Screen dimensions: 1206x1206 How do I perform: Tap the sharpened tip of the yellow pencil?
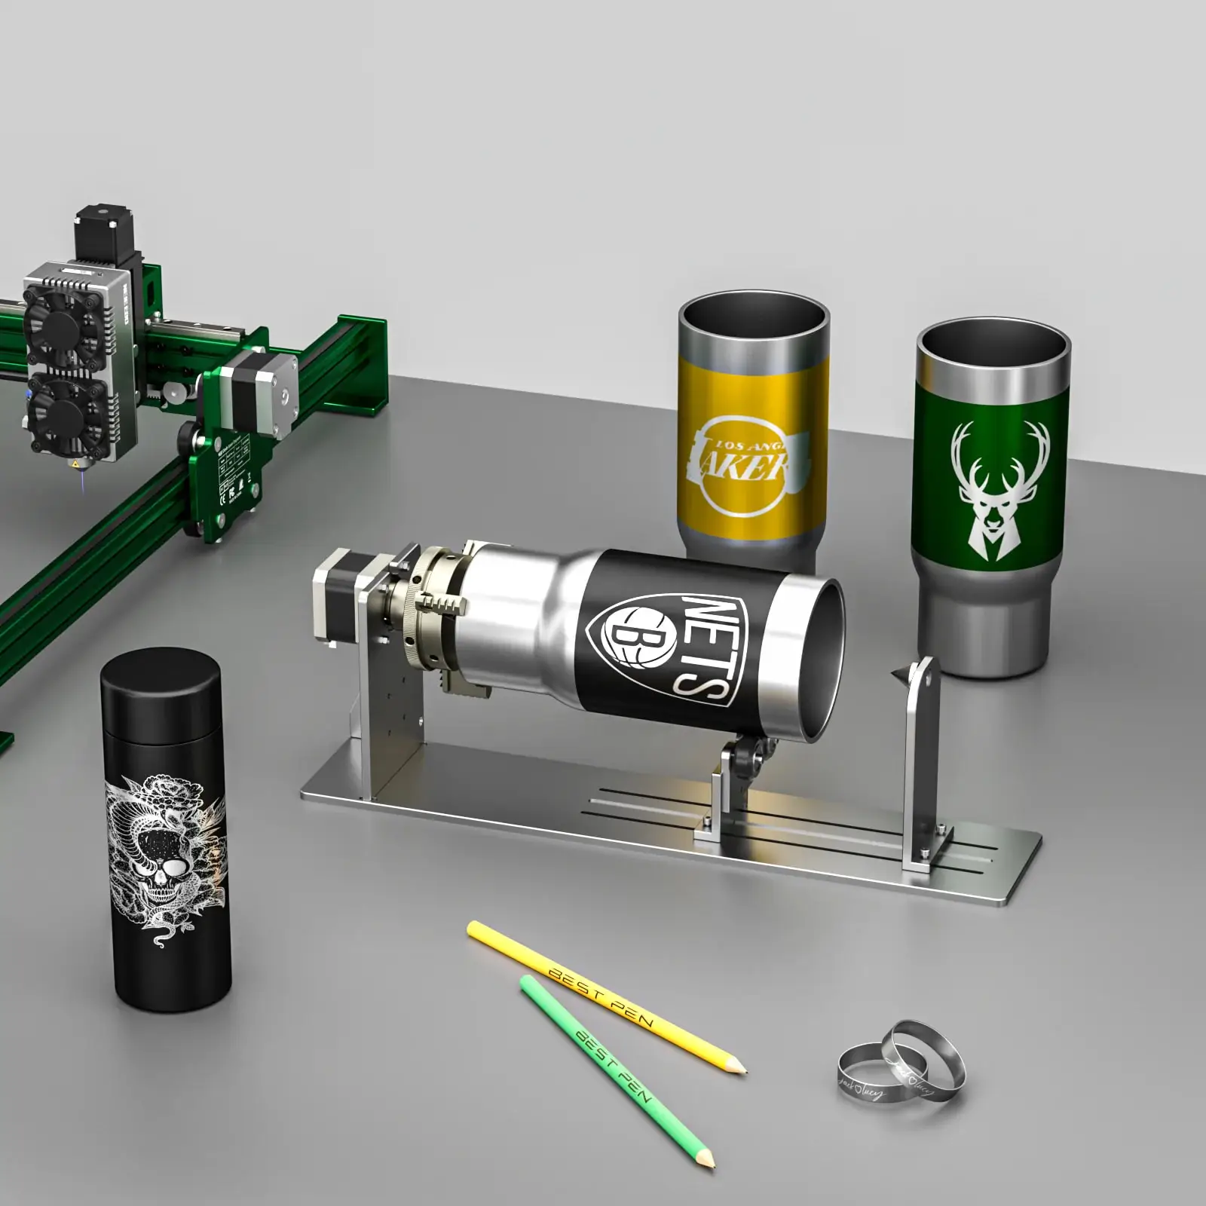pos(742,1069)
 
